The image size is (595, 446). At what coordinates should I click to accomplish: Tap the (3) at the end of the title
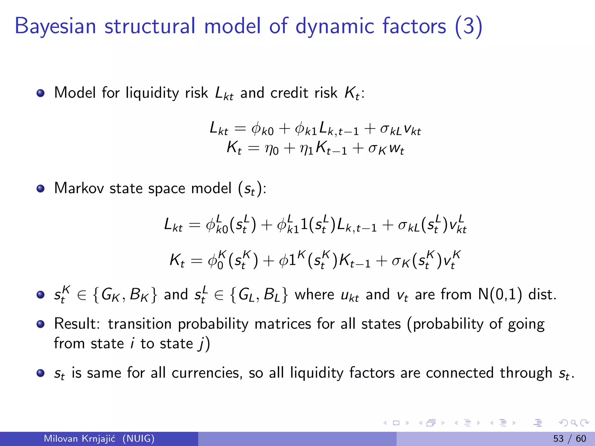pyautogui.click(x=469, y=27)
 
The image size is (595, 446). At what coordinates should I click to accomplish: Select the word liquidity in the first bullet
pyautogui.click(x=152, y=93)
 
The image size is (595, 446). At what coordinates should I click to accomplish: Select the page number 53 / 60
pyautogui.click(x=569, y=438)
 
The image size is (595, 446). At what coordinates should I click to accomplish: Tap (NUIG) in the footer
pyautogui.click(x=138, y=438)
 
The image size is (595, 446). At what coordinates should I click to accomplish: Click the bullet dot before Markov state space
pyautogui.click(x=41, y=188)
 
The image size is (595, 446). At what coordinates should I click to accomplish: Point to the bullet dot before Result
pyautogui.click(x=41, y=324)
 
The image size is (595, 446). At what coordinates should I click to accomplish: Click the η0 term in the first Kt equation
pyautogui.click(x=271, y=149)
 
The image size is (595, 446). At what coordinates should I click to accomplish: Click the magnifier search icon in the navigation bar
pyautogui.click(x=574, y=423)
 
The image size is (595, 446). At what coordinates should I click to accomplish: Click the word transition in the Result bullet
pyautogui.click(x=139, y=323)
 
